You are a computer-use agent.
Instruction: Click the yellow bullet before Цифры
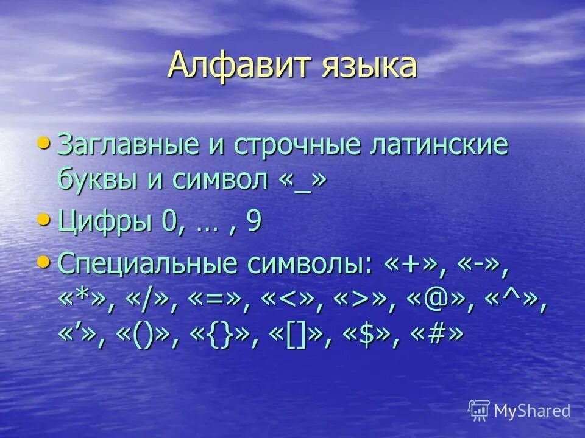point(44,218)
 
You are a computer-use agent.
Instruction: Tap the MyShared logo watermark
point(519,411)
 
